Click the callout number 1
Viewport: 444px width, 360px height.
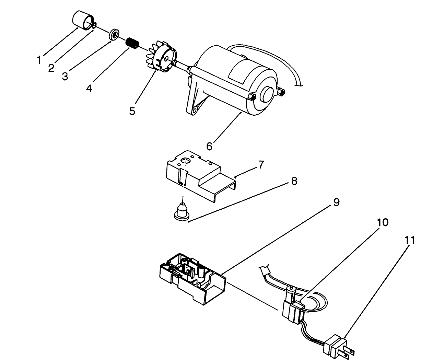pos(39,60)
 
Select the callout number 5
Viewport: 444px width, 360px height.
pos(132,111)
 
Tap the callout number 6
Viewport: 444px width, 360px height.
pos(209,146)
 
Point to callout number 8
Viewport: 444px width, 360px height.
pos(294,181)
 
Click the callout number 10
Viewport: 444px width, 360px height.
pos(383,222)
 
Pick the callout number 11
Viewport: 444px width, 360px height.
pos(409,240)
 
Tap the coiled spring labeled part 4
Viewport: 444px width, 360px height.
pos(132,43)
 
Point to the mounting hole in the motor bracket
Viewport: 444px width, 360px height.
pos(196,111)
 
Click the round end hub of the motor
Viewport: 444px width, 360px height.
pos(268,93)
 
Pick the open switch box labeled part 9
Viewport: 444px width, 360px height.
pos(192,278)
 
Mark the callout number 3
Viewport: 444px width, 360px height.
pos(65,76)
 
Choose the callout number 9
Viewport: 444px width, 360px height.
pos(336,202)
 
